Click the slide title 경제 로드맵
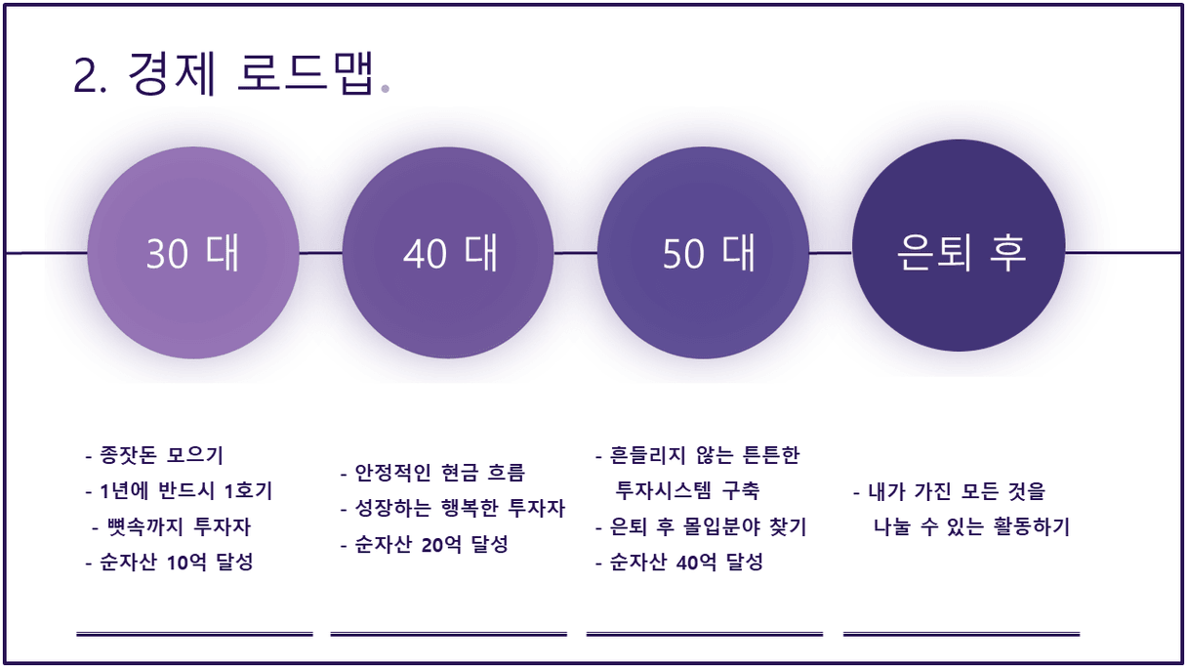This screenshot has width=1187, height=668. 252,74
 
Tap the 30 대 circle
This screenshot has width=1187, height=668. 193,253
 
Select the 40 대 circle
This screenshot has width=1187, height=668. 448,253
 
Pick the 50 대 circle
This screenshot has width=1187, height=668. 703,253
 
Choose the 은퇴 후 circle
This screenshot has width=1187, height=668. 959,245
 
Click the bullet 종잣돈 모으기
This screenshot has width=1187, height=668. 154,455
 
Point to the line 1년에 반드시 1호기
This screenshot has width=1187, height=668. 179,490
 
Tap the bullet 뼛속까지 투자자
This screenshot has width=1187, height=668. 171,526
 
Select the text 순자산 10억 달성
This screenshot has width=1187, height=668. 169,562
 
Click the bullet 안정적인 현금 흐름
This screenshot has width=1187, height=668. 432,473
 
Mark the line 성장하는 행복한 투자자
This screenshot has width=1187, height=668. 453,508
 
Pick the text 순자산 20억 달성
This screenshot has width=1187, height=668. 424,544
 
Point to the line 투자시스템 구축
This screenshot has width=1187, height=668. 687,490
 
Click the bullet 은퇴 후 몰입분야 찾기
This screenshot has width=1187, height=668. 701,526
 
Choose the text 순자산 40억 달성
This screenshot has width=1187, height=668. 678,562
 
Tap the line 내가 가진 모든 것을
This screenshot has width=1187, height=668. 949,491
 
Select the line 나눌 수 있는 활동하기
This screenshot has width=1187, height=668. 971,526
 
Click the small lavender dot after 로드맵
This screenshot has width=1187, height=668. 386,89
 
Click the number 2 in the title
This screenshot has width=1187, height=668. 84,76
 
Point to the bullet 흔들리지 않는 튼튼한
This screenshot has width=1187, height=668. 697,455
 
